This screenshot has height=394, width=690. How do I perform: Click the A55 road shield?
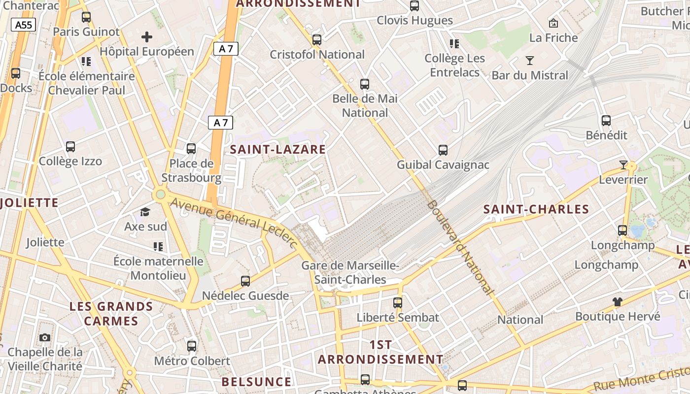pos(24,25)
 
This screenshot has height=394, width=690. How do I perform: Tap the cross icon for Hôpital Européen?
pos(146,36)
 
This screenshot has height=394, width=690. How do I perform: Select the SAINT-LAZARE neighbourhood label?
pos(278,149)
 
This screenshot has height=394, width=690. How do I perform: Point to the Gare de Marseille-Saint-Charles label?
pos(350,272)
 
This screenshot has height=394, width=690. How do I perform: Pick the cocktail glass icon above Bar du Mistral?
pos(530,61)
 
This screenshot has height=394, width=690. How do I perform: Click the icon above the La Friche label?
pos(553,23)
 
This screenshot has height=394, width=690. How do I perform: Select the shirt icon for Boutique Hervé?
pos(617,301)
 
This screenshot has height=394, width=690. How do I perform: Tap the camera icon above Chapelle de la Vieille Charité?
pos(45,337)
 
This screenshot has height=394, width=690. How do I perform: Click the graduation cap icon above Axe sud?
pos(145,212)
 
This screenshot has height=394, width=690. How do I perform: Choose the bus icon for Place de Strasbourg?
pos(191,148)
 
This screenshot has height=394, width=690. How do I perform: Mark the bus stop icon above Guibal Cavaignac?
pos(443,150)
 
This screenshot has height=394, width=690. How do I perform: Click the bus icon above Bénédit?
pos(606,120)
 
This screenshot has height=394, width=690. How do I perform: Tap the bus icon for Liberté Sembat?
pos(398,302)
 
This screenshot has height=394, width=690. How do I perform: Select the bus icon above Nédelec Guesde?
pos(245,281)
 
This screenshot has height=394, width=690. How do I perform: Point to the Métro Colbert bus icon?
pos(192,346)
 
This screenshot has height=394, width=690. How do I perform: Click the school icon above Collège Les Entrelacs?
pos(454,44)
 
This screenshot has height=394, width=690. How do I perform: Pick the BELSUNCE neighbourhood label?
pos(256,382)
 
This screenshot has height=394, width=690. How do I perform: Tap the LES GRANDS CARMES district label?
pos(111,314)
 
